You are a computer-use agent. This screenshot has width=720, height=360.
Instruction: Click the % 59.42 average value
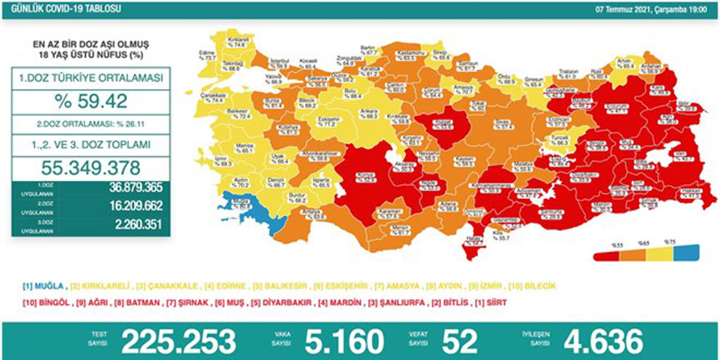click(x=97, y=104)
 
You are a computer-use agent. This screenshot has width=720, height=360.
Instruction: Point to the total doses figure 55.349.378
click(x=97, y=164)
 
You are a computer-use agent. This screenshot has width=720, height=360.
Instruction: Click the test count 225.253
click(x=179, y=340)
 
